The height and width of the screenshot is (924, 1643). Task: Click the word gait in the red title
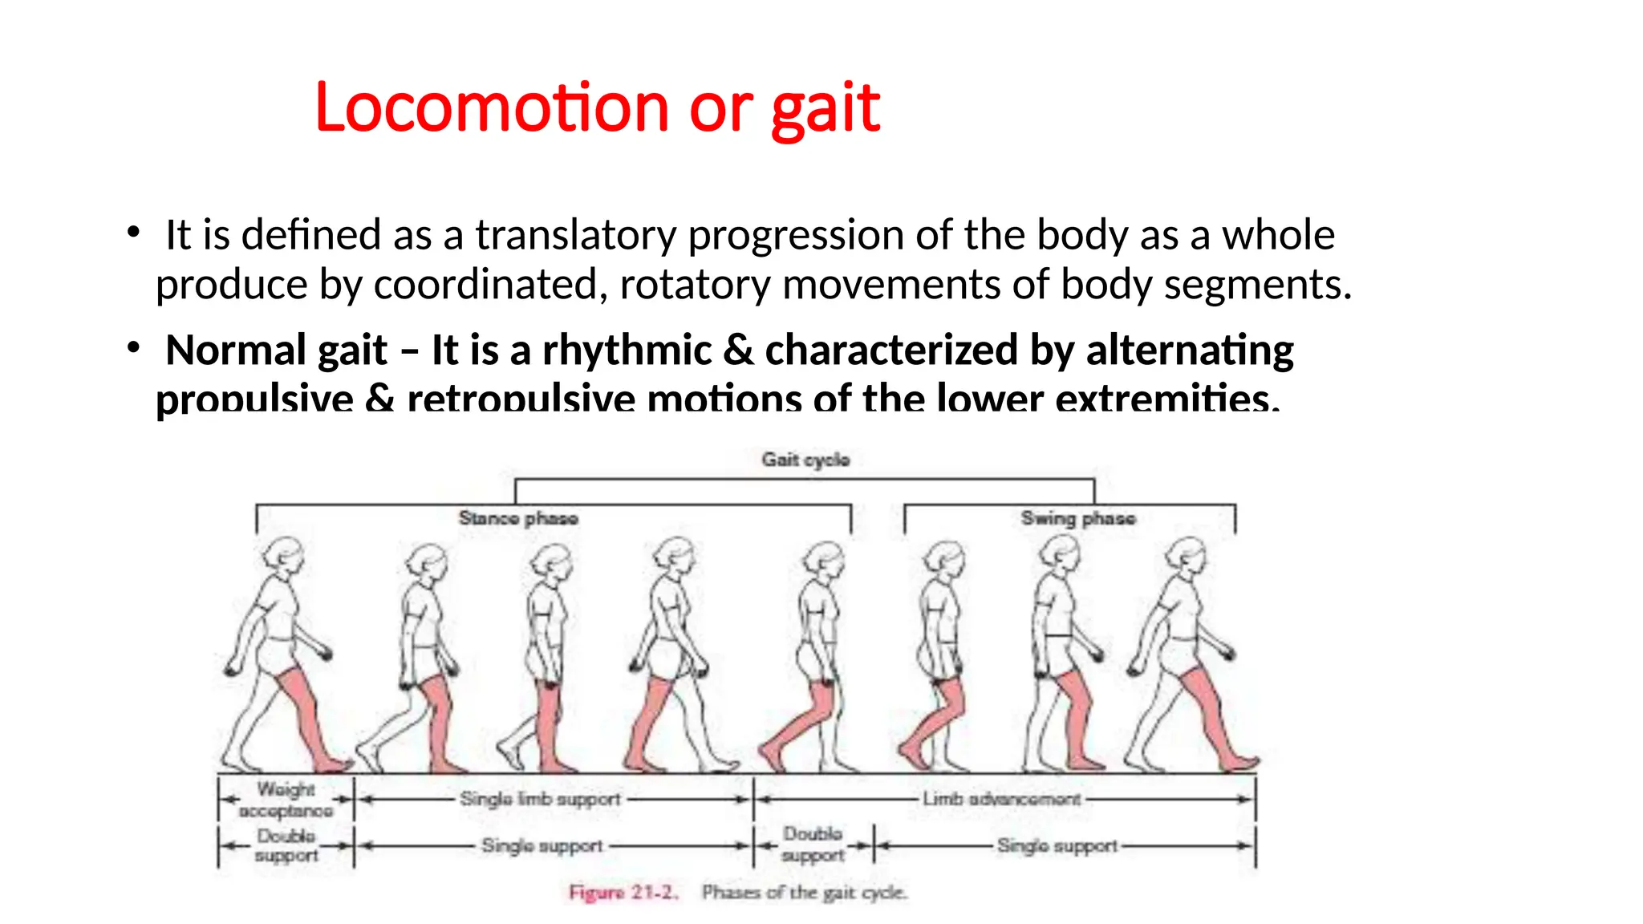tap(826, 109)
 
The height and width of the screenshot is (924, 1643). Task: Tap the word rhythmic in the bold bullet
tap(627, 351)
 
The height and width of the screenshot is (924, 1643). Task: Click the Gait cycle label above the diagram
tap(805, 460)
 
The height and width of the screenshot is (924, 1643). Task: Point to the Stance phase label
tap(518, 518)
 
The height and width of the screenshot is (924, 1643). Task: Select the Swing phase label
tap(1077, 518)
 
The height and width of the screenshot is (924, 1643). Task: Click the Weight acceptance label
tap(286, 800)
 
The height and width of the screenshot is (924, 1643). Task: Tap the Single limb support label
tap(540, 799)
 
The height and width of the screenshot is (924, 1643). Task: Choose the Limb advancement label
tap(1001, 799)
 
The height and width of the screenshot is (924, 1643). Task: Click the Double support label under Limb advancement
tap(813, 845)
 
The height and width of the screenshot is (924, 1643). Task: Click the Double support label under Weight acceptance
tap(286, 845)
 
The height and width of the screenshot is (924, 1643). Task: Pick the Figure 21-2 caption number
tap(623, 892)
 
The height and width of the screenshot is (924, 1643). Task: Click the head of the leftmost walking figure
tap(286, 554)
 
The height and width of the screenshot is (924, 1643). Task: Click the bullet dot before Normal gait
tap(133, 348)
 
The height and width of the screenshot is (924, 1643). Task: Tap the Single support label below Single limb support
tap(542, 845)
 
